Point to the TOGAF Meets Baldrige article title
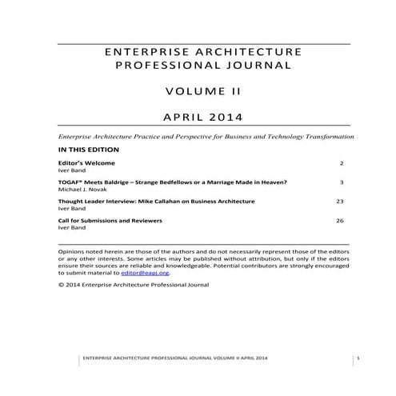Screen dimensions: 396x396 click(x=167, y=182)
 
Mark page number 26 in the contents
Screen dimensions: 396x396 click(x=339, y=220)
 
